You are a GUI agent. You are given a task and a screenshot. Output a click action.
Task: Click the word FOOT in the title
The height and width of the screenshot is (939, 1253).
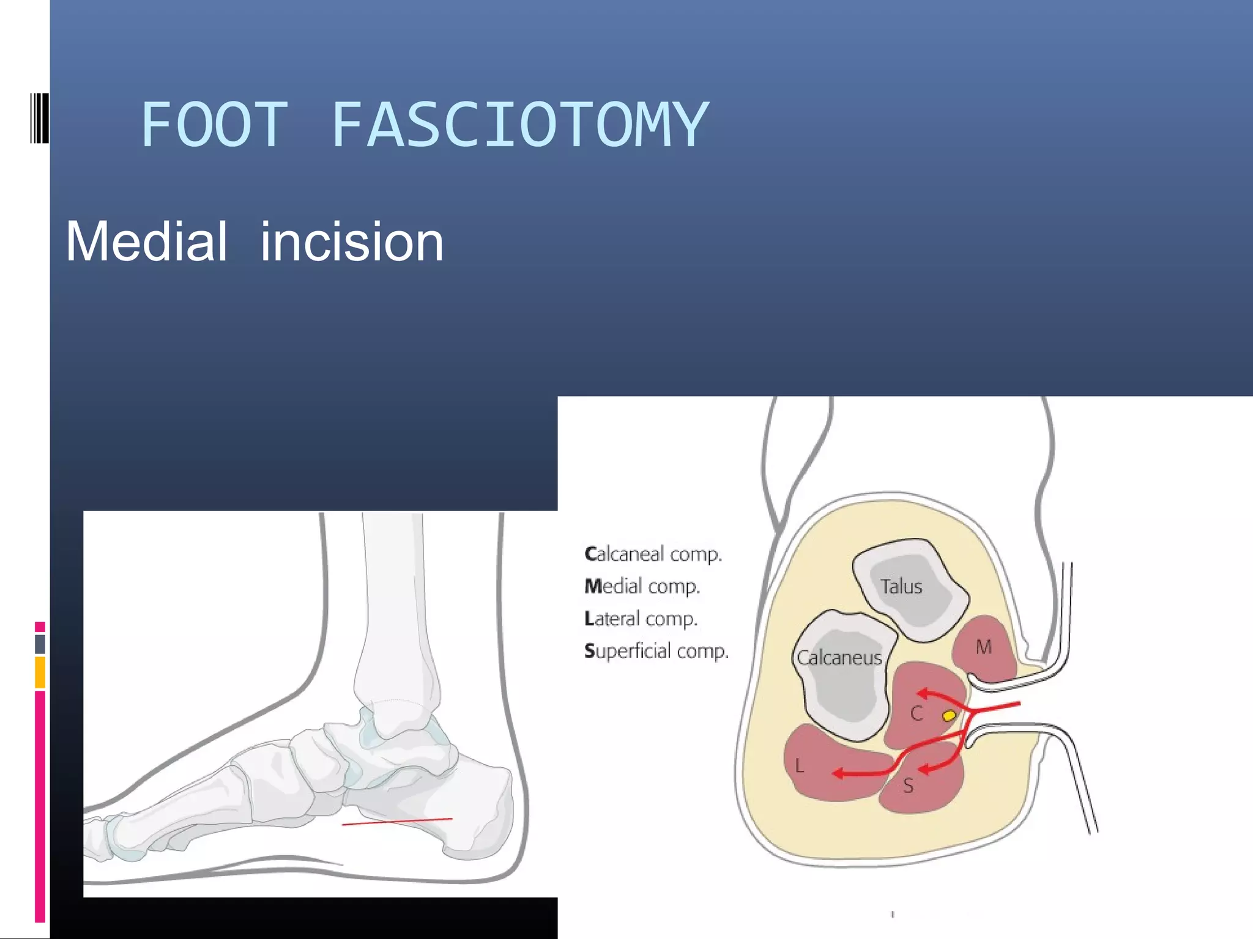(214, 125)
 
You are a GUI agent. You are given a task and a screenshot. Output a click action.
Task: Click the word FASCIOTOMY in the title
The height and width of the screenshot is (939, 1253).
(520, 125)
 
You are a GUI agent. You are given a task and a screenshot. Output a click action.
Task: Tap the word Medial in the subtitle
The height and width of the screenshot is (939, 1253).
(147, 242)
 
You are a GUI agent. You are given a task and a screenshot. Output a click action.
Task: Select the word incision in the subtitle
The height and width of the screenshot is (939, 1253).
(352, 242)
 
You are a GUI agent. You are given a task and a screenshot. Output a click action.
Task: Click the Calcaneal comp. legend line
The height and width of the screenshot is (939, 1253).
(653, 554)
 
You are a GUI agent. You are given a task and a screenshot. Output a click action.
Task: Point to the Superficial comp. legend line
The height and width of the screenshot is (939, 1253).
(656, 651)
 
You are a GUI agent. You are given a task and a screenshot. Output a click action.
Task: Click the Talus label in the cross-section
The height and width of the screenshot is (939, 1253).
(901, 587)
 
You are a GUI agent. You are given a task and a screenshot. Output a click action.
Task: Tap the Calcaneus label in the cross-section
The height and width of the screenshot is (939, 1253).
(839, 658)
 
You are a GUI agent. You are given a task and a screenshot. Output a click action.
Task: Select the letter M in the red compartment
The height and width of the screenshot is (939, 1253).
(984, 647)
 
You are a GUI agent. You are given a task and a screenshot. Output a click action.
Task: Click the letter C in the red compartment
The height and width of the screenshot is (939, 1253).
(917, 713)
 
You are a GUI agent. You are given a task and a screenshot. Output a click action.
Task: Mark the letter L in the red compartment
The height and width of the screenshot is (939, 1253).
(799, 766)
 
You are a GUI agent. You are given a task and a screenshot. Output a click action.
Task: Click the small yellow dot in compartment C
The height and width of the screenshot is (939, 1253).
(949, 715)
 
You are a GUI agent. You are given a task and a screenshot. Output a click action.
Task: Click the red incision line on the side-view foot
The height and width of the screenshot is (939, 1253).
(397, 822)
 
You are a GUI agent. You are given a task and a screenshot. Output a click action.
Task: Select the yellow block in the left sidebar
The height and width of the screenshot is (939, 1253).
(40, 672)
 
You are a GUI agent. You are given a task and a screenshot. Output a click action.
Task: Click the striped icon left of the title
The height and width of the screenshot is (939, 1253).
(39, 118)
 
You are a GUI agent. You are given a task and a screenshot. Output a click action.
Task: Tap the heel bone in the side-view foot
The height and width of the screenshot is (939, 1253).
(477, 801)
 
